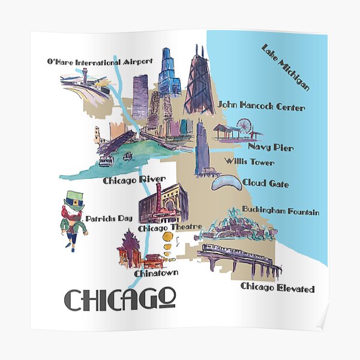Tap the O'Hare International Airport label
pyautogui.click(x=100, y=61)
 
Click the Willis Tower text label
pyautogui.click(x=249, y=162)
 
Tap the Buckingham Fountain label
pyautogui.click(x=280, y=212)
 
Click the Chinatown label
pyautogui.click(x=156, y=274)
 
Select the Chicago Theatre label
pyautogui.click(x=164, y=228)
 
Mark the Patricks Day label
pyautogui.click(x=109, y=218)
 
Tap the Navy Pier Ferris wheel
pyautogui.click(x=244, y=126)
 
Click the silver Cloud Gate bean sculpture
pyautogui.click(x=223, y=184)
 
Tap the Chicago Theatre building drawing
pyautogui.click(x=163, y=204)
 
